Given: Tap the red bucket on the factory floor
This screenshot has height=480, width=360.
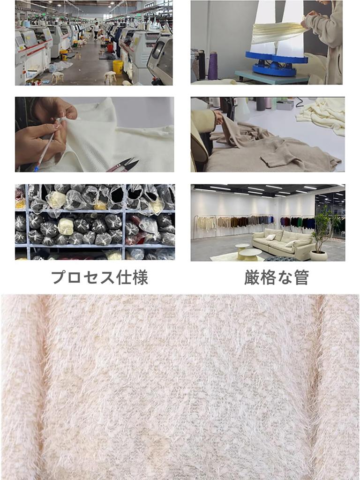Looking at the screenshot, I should tap(110, 47).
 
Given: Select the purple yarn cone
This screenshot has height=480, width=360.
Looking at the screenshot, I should tap(213, 65).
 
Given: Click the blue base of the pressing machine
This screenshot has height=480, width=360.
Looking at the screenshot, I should tap(277, 65).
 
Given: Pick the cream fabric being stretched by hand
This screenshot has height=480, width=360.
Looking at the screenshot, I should tap(277, 32).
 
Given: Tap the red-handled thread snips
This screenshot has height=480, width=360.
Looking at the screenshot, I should tap(125, 165).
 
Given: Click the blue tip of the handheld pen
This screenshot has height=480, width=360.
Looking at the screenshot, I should tap(37, 166).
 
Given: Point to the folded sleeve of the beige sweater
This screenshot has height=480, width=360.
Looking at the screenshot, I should tap(281, 157).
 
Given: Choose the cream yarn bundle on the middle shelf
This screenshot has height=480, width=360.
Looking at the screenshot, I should tap(66, 227).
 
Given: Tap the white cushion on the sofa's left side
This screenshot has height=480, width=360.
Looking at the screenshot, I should tap(270, 237).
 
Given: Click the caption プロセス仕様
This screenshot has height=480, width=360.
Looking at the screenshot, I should tap(99, 277).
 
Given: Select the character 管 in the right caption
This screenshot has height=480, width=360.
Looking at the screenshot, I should tap(301, 277).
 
